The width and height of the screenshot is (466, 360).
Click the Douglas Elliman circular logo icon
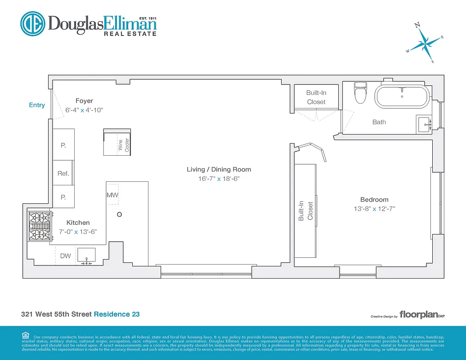coord(33,23)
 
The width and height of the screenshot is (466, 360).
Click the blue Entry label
coord(37,105)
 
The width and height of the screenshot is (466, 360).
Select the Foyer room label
coord(84,101)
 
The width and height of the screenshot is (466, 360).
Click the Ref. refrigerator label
coord(63,174)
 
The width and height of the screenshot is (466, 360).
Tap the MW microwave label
coord(112,195)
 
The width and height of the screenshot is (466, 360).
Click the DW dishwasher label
coord(66,256)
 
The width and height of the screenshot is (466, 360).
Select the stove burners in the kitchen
coord(39,226)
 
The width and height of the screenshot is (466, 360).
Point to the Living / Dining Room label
coord(219,170)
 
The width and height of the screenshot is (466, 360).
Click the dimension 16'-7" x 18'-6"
coord(219,179)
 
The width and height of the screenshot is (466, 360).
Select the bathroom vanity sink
coord(424,124)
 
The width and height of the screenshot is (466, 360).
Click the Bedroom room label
coord(374,200)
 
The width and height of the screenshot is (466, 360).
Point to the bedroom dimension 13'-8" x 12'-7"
coord(374,209)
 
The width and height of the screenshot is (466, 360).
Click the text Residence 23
coord(116,314)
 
